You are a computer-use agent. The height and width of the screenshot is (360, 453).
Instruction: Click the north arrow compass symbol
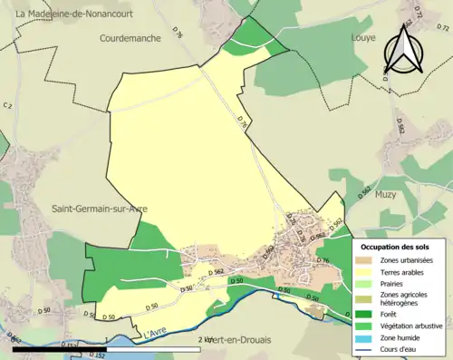404,49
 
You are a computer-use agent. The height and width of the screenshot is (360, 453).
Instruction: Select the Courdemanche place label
131,39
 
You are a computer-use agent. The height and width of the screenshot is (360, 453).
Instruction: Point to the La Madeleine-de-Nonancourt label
60,12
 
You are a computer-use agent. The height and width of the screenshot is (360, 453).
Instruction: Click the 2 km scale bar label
205,339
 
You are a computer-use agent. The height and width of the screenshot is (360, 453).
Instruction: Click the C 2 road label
9,107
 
